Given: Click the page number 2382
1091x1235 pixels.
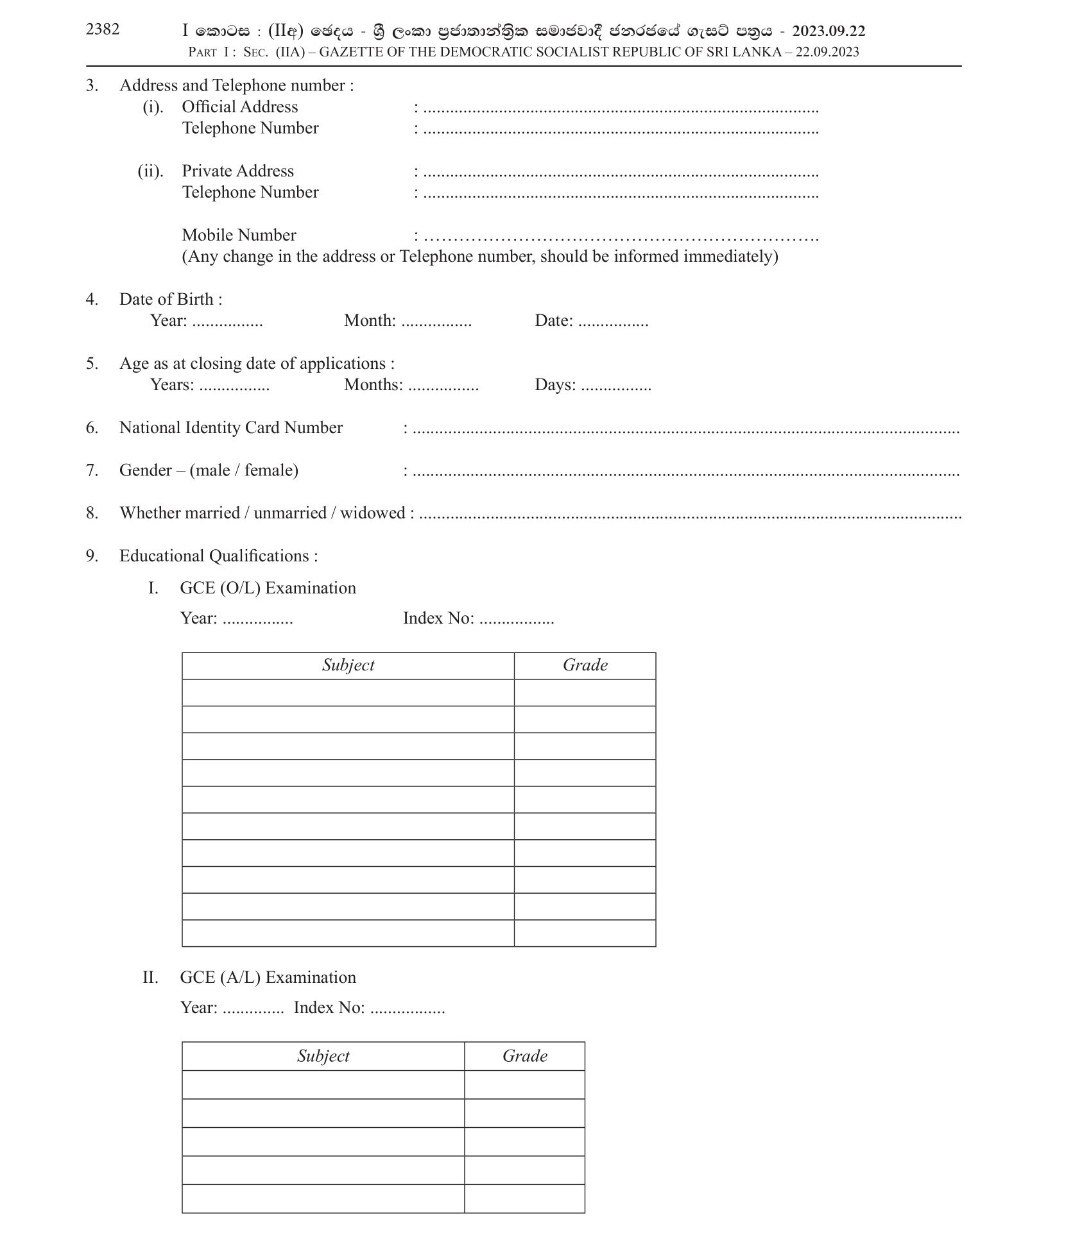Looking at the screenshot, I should click(x=103, y=30).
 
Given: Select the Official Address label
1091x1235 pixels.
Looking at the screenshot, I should click(x=239, y=106).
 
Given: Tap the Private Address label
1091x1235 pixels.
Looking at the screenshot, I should click(x=237, y=171).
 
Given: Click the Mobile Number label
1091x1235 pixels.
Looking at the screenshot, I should click(x=239, y=235).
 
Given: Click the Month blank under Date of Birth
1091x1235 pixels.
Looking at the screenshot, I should click(x=436, y=322).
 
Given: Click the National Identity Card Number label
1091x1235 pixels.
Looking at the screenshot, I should click(x=230, y=428).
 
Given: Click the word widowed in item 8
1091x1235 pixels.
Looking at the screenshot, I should click(x=373, y=513).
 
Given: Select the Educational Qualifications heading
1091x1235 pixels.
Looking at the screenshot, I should click(x=218, y=556).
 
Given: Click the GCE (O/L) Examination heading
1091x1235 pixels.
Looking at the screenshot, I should click(x=268, y=588).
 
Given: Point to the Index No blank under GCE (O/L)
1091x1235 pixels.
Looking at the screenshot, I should click(x=517, y=620).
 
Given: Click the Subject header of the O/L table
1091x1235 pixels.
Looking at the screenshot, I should click(x=348, y=665).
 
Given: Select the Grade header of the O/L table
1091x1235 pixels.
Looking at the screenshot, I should click(x=585, y=665).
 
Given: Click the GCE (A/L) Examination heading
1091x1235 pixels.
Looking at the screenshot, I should click(x=268, y=977).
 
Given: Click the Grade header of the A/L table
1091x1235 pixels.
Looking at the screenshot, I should click(x=524, y=1056).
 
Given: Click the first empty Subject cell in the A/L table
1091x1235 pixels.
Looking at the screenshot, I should click(x=323, y=1085).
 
